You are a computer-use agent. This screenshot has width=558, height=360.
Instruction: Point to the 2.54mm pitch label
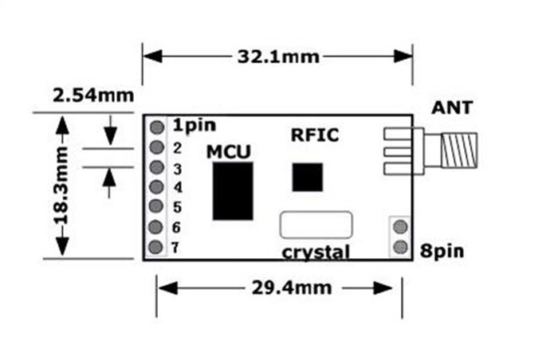(x=93, y=96)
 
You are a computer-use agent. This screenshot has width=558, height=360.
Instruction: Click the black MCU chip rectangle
(x=233, y=191)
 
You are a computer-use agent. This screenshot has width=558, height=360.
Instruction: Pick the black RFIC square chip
(x=307, y=177)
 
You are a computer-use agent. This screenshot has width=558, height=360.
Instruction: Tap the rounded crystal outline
(x=316, y=224)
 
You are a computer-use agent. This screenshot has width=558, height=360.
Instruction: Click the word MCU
(x=229, y=151)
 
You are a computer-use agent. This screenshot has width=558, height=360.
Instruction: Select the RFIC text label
(x=314, y=135)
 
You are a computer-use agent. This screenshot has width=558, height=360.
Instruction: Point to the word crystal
(x=316, y=252)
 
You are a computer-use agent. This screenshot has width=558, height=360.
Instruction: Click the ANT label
(x=452, y=107)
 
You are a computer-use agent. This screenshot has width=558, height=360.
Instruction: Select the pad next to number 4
(x=157, y=188)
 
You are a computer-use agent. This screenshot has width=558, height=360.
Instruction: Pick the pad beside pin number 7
(x=157, y=248)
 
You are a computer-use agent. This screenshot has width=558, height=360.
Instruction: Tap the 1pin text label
(x=194, y=125)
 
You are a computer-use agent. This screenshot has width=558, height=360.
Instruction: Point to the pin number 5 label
(x=177, y=207)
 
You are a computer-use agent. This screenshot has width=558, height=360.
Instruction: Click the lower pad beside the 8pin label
(x=400, y=247)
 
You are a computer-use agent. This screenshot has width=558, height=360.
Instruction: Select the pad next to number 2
(x=157, y=147)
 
